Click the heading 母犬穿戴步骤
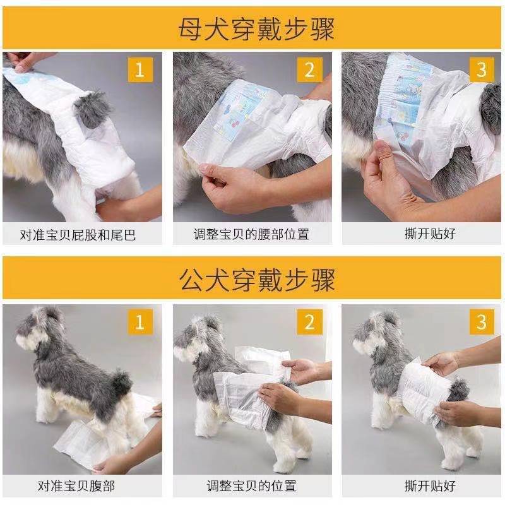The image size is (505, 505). coord(256,29)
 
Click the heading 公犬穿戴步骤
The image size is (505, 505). coord(257,280)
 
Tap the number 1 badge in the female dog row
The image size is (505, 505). coord(140,70)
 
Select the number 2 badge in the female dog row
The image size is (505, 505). coord(309,70)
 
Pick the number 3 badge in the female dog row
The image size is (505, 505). coord(482,70)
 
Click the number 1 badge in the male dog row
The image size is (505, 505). coord(140,322)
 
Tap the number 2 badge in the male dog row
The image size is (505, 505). coord(309,322)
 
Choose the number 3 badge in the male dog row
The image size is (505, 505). coord(482,322)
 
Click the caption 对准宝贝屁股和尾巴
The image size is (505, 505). coord(78,235)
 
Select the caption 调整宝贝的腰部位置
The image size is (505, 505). coord(251,234)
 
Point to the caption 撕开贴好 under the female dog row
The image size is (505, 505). coord(431,234)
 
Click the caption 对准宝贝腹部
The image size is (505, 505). coord(76,486)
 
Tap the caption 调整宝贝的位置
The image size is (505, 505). coord(251,486)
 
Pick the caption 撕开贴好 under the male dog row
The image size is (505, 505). coord(431,486)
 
